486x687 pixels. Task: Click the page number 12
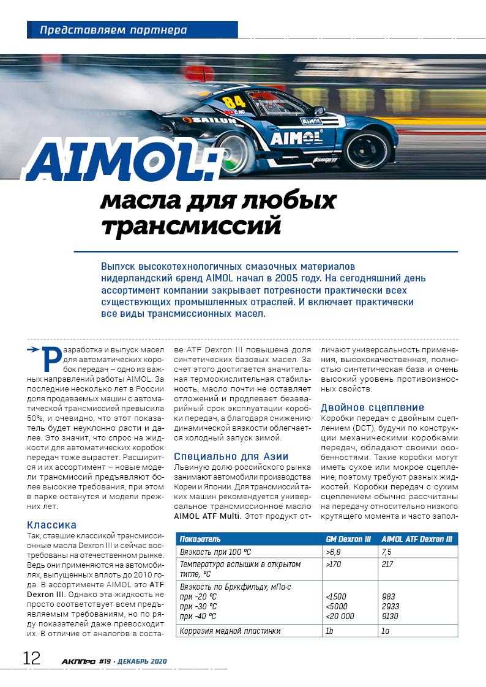point(31,658)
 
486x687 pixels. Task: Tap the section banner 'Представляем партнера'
point(113,29)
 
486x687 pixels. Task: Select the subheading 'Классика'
point(52,524)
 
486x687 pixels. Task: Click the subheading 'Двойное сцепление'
point(372,407)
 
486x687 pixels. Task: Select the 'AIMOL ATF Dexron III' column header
point(416,539)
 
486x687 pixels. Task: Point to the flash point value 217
point(388,564)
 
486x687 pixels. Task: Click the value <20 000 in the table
point(340,616)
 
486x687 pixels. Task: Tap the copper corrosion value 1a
point(385,631)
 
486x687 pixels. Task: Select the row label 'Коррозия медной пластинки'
point(230,631)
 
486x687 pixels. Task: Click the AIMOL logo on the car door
point(296,137)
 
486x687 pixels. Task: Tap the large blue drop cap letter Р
point(53,361)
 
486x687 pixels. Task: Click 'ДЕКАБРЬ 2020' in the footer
point(143,661)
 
